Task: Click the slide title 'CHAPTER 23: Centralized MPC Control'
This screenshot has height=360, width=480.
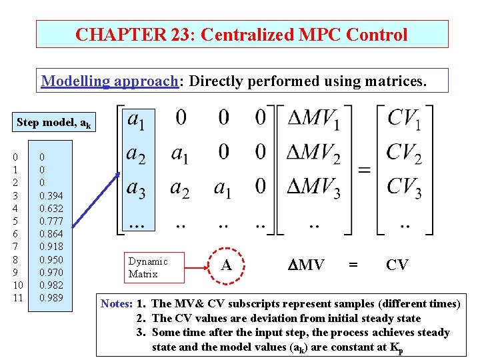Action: (x=241, y=34)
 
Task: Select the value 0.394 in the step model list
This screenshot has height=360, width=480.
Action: (x=51, y=195)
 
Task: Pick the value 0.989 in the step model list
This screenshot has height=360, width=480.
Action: (x=51, y=297)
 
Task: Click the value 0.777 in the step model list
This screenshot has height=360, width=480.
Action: (x=51, y=221)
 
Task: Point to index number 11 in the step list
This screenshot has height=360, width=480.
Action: (x=17, y=297)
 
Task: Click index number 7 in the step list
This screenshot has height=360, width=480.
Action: (x=15, y=247)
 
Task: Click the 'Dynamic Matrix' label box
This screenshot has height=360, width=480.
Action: (x=148, y=267)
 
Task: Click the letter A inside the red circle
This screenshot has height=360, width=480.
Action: (x=227, y=265)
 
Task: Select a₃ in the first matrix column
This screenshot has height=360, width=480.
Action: (x=137, y=190)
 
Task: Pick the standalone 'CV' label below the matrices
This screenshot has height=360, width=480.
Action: (x=397, y=265)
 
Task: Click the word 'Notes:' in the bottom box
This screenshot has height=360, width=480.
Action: (x=115, y=304)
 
